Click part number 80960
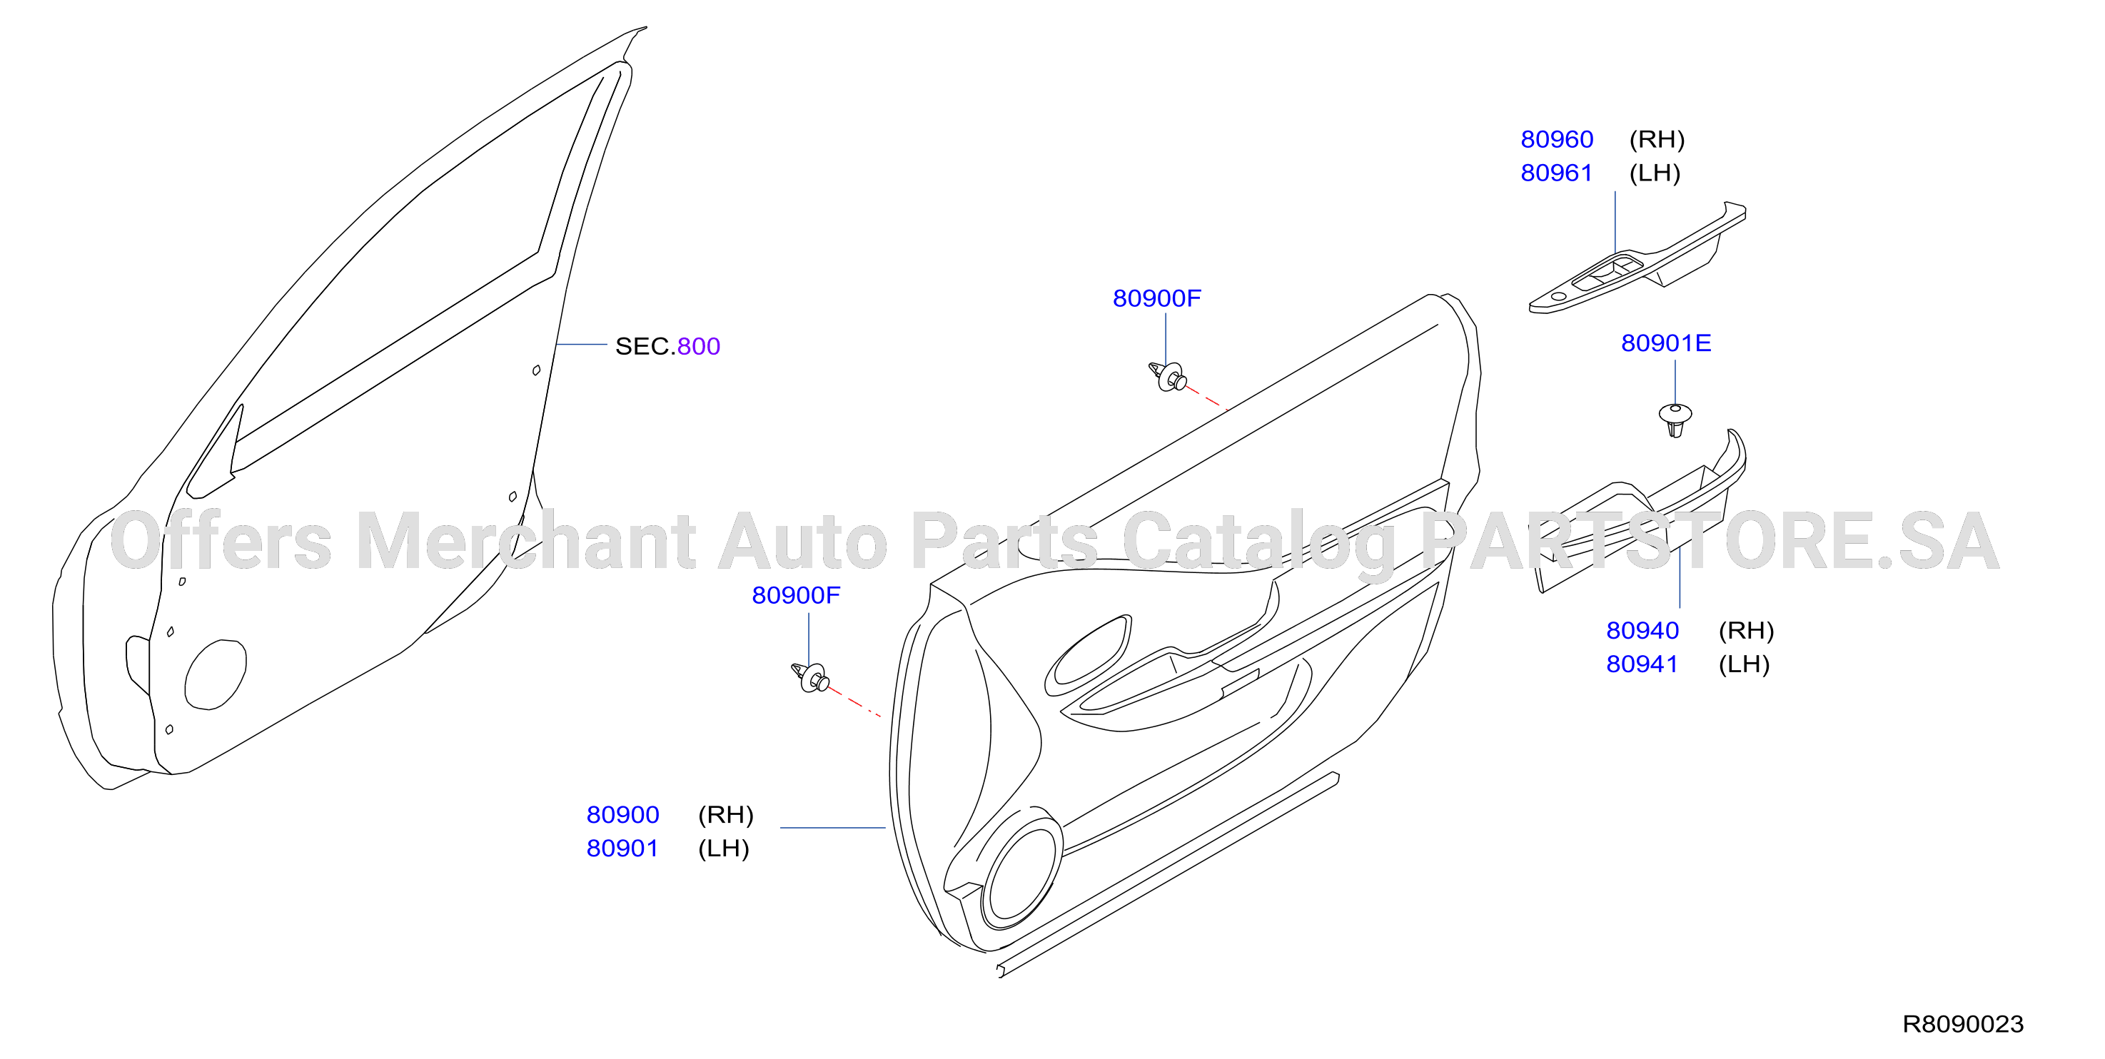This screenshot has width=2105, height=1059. [x=1557, y=140]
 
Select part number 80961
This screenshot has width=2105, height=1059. [x=1557, y=173]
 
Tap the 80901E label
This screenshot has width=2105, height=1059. [x=1665, y=343]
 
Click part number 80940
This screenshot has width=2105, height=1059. [x=1642, y=631]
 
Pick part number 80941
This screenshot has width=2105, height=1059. [x=1642, y=664]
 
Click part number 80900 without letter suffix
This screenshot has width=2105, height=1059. [x=622, y=815]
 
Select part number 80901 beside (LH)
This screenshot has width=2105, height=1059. [x=622, y=848]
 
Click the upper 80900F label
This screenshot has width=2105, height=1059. [x=1157, y=298]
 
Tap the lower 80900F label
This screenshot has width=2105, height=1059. [x=796, y=596]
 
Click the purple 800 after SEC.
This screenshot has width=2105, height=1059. [x=699, y=347]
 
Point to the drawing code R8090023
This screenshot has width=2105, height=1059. [x=1963, y=1024]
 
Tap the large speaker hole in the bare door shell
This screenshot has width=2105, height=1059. [x=216, y=674]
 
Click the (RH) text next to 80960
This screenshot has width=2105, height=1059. [x=1657, y=140]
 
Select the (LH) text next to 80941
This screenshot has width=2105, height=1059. [x=1744, y=664]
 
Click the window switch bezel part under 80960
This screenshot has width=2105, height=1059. [x=1637, y=258]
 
